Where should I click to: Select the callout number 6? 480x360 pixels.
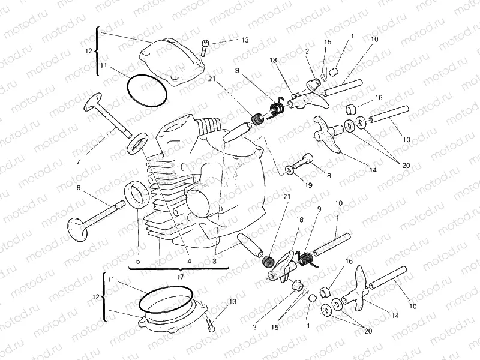coord(78,188)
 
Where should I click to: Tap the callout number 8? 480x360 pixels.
coord(328,175)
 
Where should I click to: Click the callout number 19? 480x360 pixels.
coord(308,185)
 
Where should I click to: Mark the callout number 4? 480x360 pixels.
coord(188,261)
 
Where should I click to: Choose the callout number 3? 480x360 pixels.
coord(214,261)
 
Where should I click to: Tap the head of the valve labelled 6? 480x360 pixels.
coord(79,229)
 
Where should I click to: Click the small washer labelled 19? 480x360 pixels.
coord(290,171)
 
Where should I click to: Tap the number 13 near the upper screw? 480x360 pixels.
coord(244,40)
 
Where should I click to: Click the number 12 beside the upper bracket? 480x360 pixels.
coord(89,51)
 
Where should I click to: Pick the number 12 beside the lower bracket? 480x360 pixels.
coord(96,297)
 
